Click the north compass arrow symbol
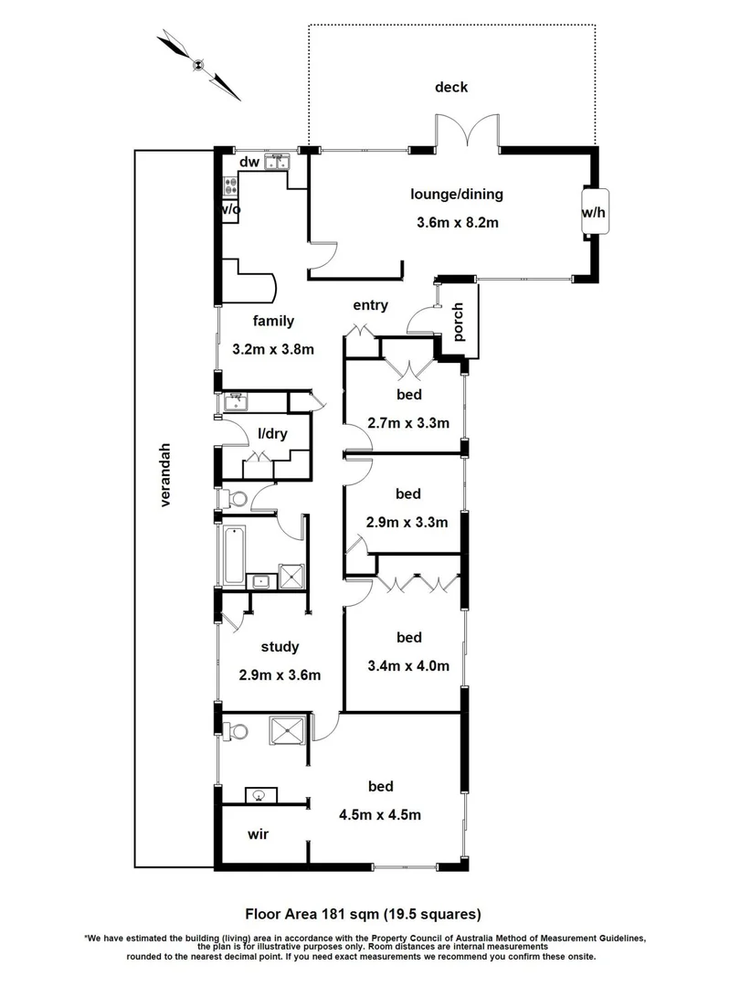(199, 64)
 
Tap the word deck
(450, 88)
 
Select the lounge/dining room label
(456, 194)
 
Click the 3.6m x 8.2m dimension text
(456, 222)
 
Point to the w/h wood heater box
(593, 212)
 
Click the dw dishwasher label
(248, 163)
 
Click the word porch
(459, 322)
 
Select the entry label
(371, 305)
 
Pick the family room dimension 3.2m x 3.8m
(273, 348)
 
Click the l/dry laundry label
(272, 433)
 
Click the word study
(280, 647)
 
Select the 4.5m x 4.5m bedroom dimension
(381, 814)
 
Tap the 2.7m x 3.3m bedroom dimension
(408, 423)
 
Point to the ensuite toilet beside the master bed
(238, 732)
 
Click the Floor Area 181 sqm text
(362, 913)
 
